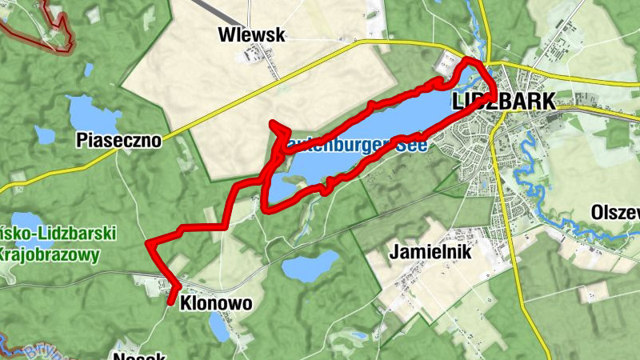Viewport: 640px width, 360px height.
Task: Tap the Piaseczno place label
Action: click(x=118, y=141)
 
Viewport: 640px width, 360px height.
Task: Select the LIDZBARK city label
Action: click(x=503, y=102)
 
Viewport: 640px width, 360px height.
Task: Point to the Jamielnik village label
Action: click(x=430, y=252)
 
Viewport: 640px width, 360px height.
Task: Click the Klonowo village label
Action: click(x=217, y=303)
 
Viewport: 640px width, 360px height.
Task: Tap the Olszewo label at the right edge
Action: click(x=616, y=213)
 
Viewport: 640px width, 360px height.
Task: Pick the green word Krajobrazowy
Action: click(x=50, y=256)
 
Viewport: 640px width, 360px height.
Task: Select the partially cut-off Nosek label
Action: click(x=139, y=355)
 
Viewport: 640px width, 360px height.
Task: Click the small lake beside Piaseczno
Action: click(x=85, y=112)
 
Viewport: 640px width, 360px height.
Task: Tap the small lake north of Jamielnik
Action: click(x=311, y=266)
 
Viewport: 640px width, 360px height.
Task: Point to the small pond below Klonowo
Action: click(x=218, y=326)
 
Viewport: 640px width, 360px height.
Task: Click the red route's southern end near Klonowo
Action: click(x=171, y=301)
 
